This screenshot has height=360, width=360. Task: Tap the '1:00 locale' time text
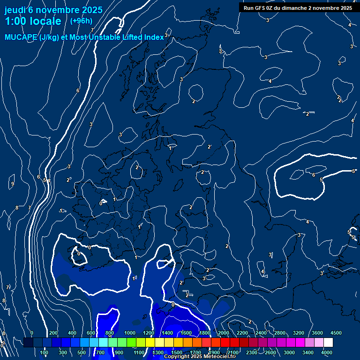coord(33,21)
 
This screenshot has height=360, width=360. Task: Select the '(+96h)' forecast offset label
coord(81,21)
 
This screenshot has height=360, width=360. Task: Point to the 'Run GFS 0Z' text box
coord(298,8)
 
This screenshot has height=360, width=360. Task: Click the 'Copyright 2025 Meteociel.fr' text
coord(200,356)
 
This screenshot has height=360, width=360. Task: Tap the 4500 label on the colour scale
coord(336,333)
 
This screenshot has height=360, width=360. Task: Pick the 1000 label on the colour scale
coord(130,333)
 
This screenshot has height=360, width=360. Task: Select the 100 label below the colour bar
coord(45,352)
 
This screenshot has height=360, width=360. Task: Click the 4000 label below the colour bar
coord(327,352)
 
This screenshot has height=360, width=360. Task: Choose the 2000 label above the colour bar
coord(224,333)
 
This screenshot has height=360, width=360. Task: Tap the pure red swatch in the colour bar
coord(225,343)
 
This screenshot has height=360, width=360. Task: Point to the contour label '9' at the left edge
coord(12,184)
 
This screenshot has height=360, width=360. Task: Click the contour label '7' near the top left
coord(92,30)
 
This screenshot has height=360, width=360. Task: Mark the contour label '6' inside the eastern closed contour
coord(314,175)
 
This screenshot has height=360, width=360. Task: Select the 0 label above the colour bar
coord(31,333)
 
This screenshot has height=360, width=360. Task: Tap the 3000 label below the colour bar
coord(289,352)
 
